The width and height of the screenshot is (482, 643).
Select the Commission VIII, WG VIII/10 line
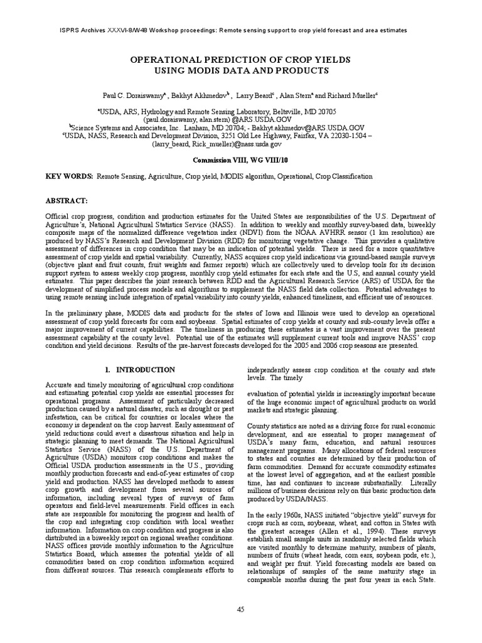point(240,160)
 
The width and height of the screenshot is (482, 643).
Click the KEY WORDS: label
point(68,177)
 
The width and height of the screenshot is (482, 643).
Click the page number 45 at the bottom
point(240,609)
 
